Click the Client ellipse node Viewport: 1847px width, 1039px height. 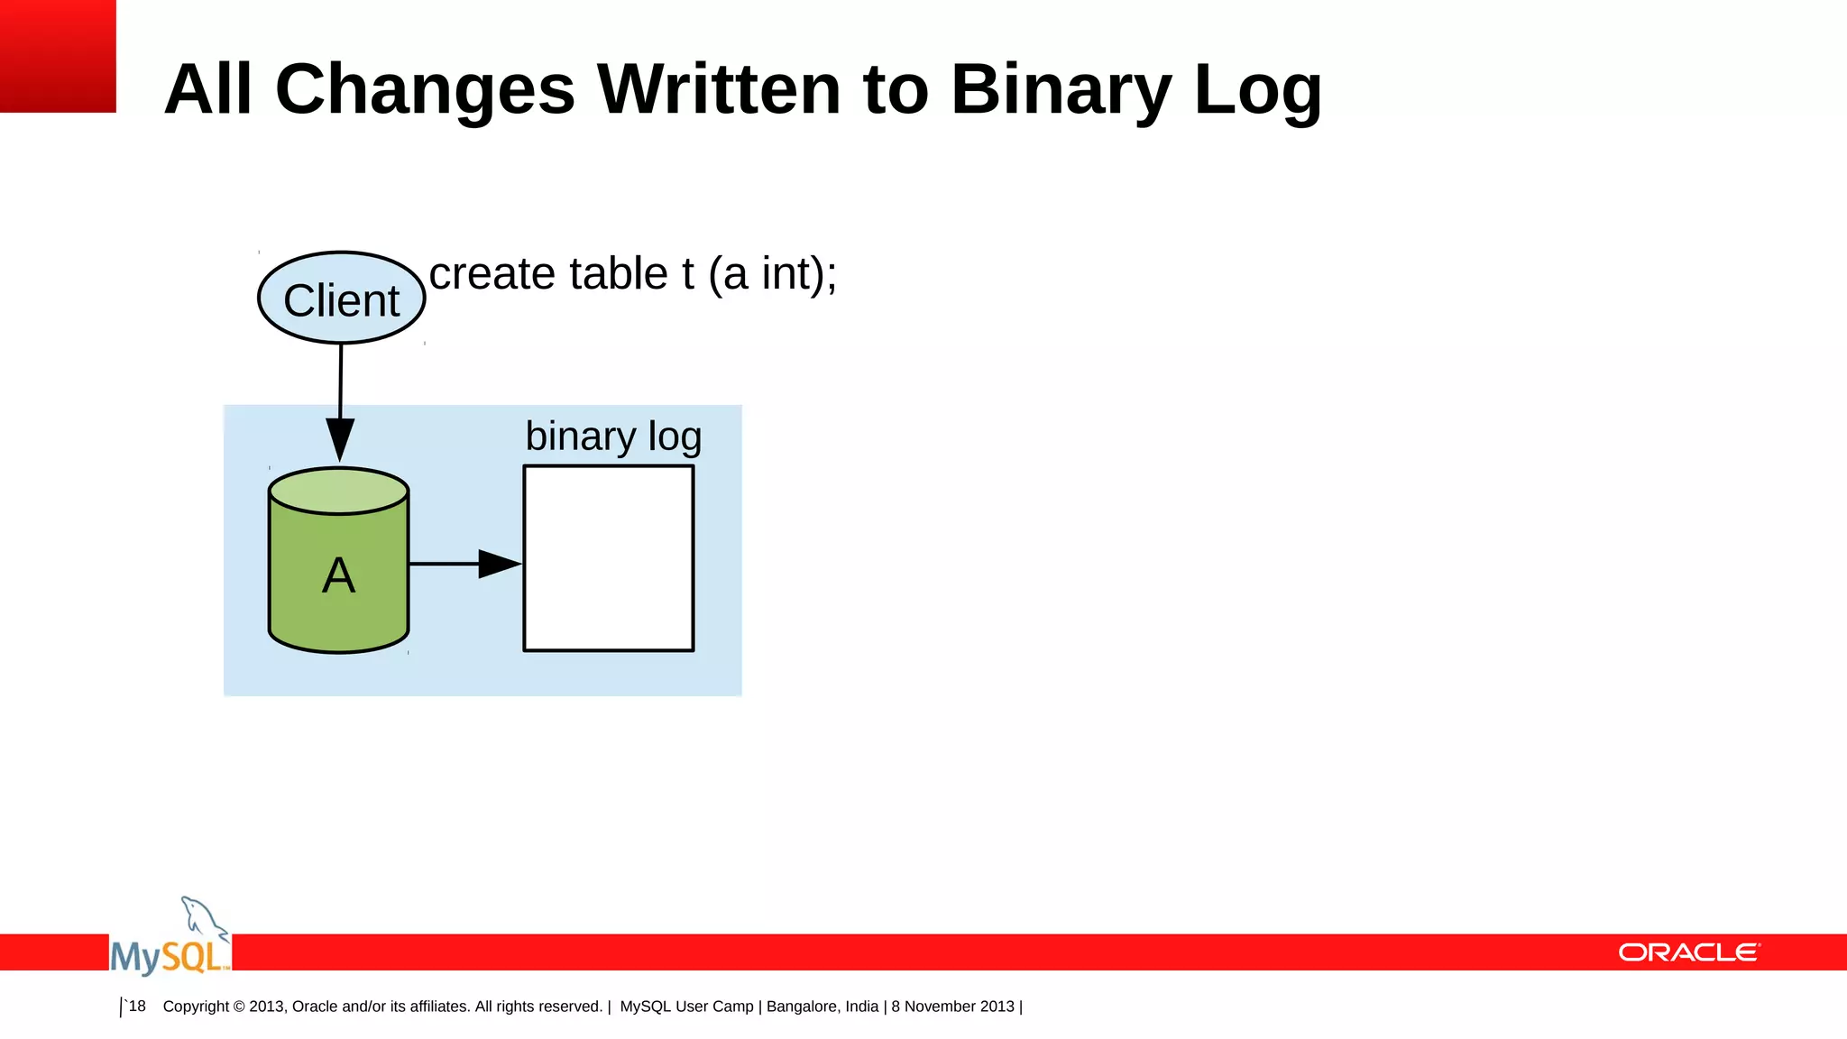341,299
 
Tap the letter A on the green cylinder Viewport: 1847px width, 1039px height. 338,575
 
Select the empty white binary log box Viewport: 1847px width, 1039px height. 609,558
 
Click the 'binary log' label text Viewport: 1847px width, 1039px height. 613,437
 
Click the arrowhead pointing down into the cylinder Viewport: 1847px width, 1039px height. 340,439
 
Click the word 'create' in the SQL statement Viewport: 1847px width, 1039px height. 492,273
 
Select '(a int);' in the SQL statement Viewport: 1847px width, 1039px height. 773,273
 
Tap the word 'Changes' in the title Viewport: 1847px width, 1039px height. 425,89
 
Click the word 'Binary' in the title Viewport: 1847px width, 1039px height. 1061,89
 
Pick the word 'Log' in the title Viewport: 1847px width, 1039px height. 1257,89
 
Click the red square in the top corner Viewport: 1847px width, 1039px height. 58,56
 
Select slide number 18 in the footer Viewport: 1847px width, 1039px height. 136,1006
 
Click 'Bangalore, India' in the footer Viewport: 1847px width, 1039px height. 822,1007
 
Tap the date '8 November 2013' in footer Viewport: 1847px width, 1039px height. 952,1007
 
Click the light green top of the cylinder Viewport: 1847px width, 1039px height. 339,491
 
